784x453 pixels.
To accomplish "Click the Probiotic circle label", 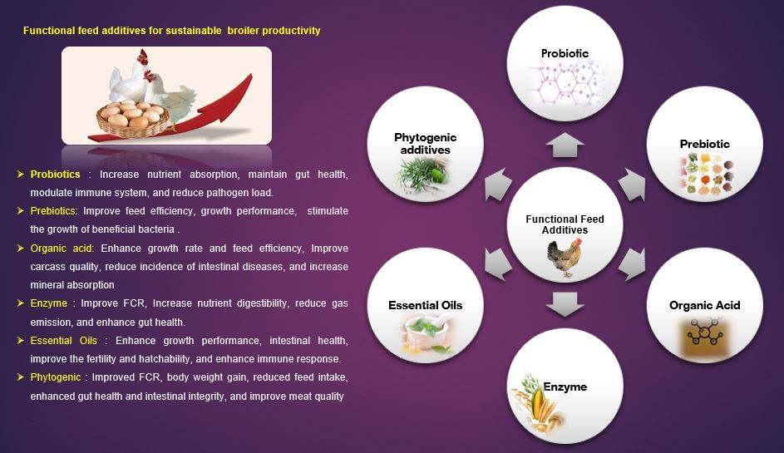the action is coord(565,53).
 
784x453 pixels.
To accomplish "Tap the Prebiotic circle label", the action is coord(704,144).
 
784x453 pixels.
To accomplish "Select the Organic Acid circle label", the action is coord(704,305).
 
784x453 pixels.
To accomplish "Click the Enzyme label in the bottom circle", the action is coord(565,387).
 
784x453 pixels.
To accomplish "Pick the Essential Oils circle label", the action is coord(425,305).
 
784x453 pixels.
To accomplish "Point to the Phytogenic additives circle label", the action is coord(425,144).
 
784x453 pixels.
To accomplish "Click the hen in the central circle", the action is coord(565,258).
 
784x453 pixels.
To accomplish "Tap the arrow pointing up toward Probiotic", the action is coord(565,145).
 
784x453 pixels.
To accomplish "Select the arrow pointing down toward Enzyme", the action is coord(565,304).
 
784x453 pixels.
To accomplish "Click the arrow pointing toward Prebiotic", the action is coord(632,185).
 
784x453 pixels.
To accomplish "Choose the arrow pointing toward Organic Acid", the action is coord(632,263).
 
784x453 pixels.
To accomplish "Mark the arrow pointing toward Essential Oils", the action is coord(498,263).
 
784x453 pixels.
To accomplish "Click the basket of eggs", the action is coord(132,119).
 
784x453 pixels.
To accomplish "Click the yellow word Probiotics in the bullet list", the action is coord(55,174).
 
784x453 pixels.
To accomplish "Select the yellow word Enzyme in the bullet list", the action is coord(48,303).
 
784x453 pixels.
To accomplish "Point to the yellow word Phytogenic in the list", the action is coord(55,377).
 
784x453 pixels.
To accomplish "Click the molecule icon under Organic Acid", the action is coord(704,332).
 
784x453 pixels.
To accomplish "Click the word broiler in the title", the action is coord(243,31).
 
